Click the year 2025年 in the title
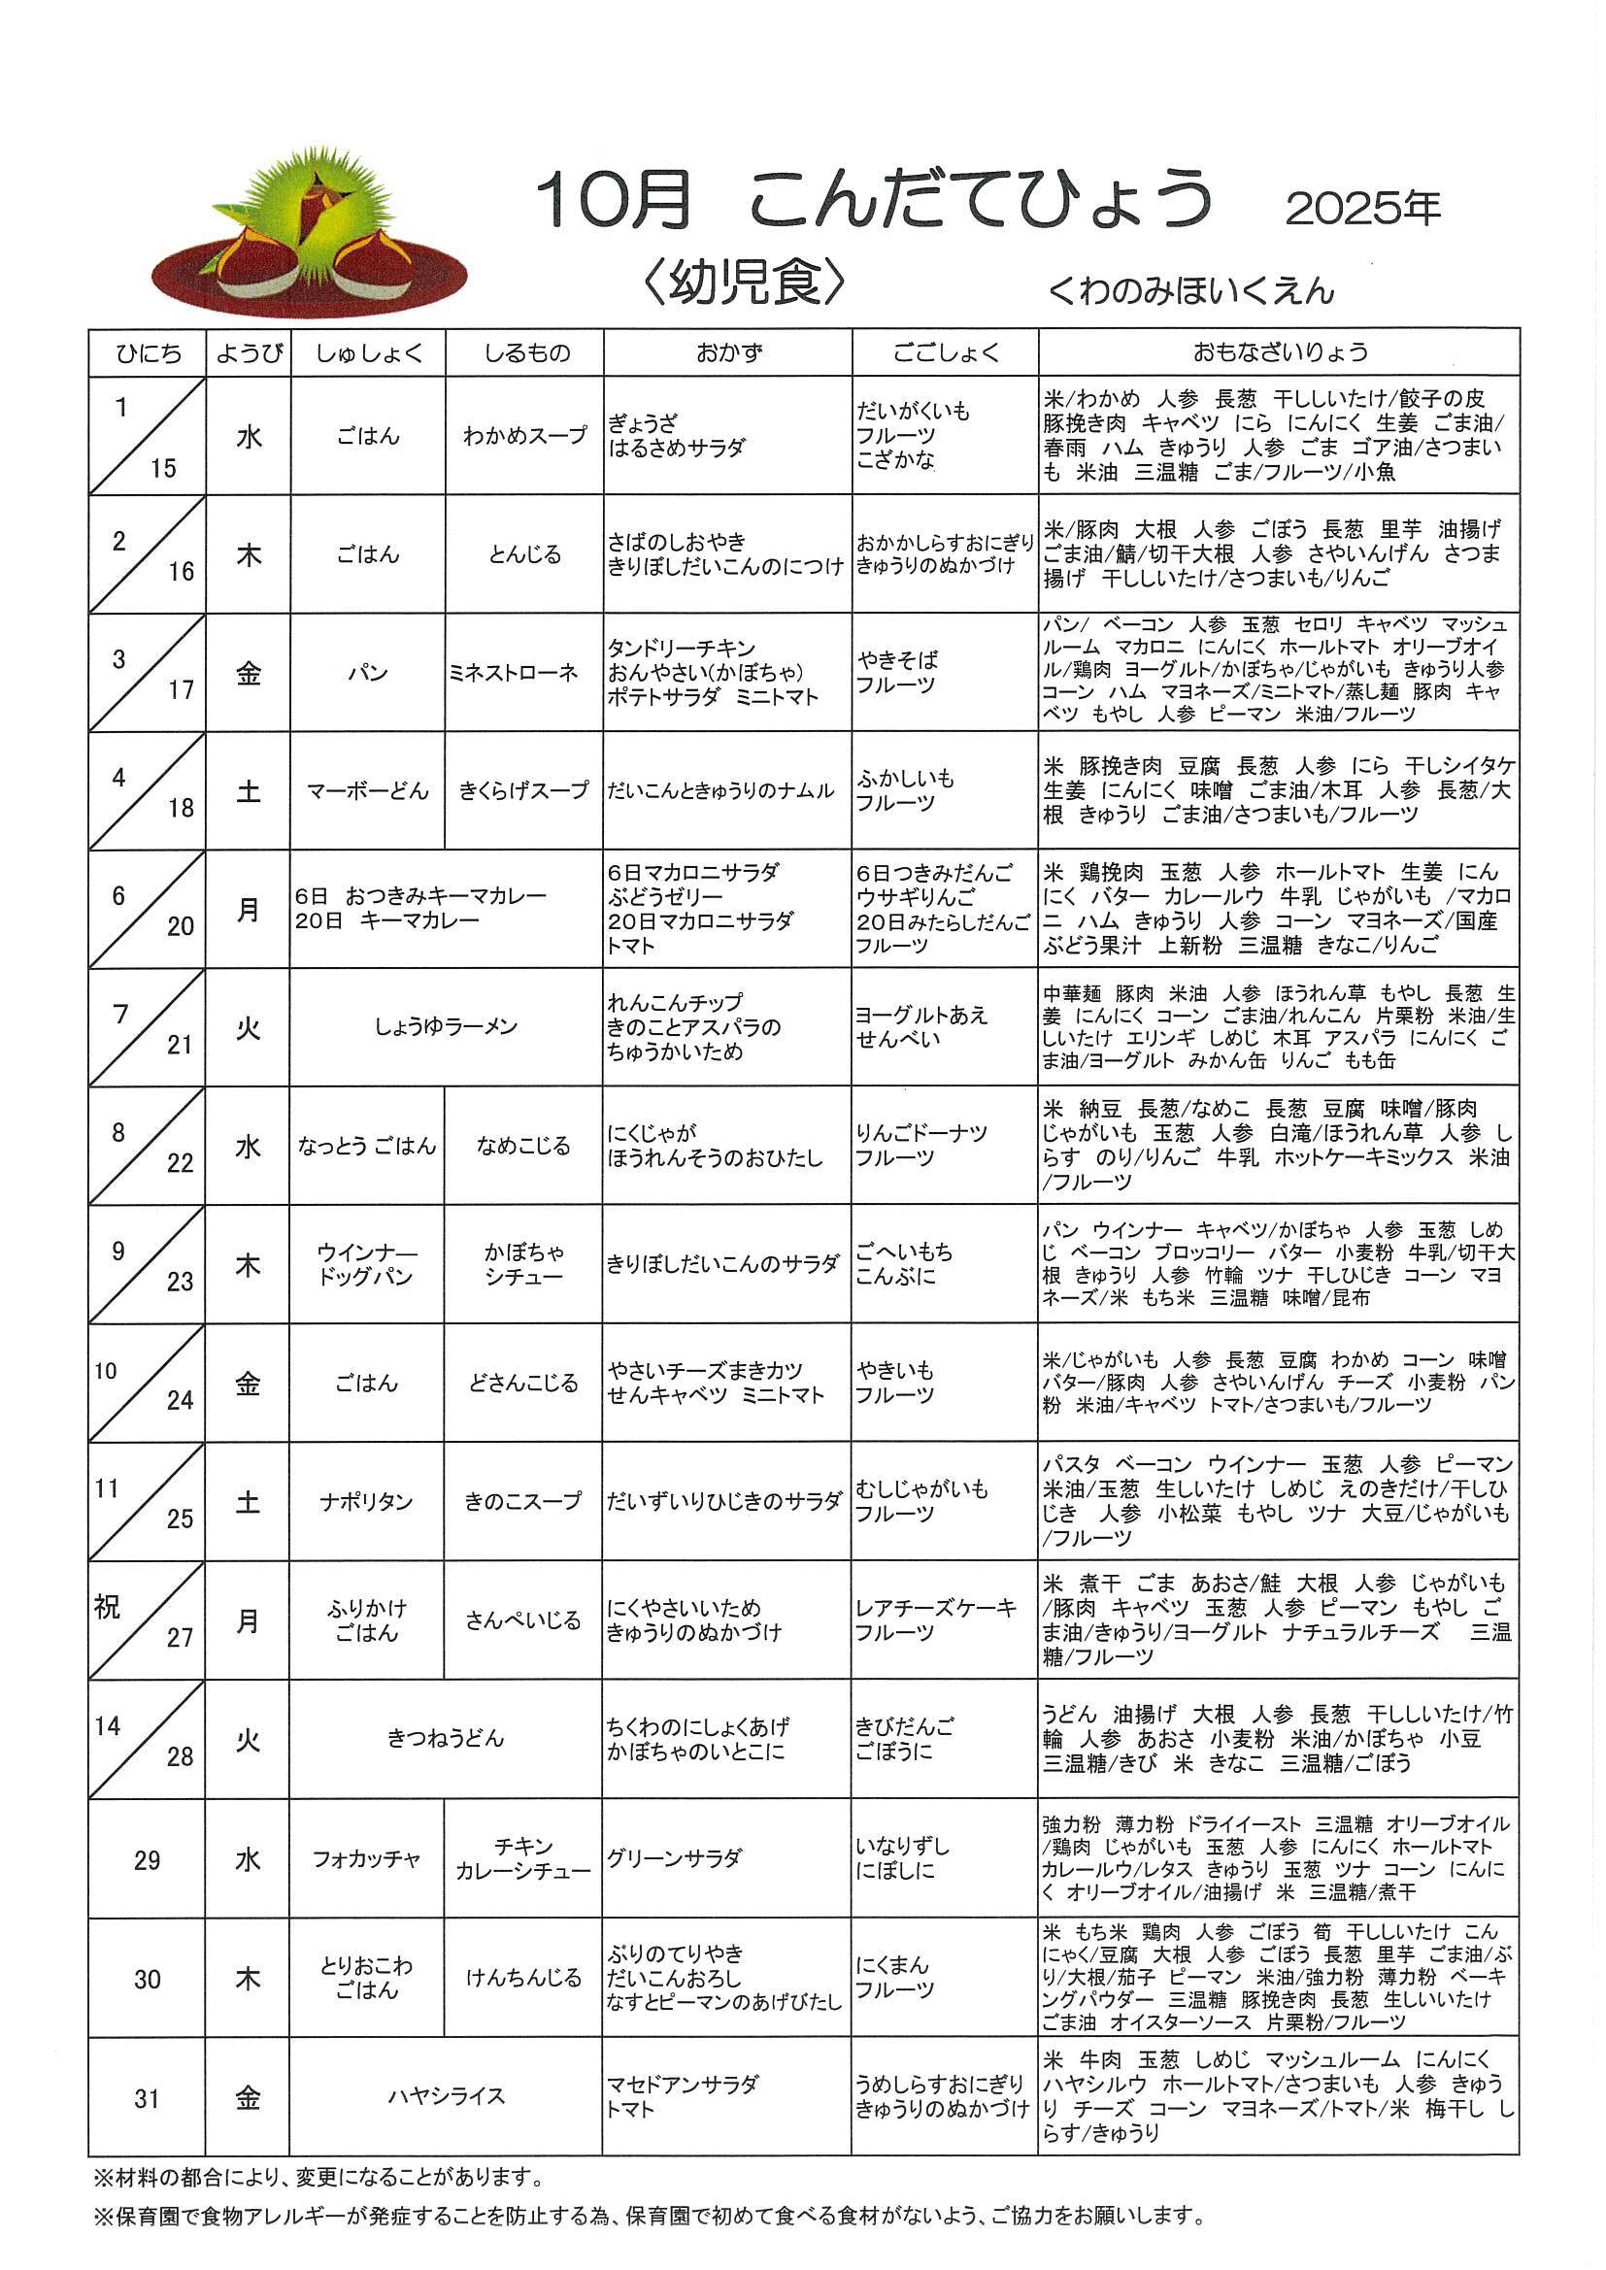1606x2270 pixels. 1361,208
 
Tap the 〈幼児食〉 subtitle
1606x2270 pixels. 744,284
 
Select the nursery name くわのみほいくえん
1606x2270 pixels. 1190,290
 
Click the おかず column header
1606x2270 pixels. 727,353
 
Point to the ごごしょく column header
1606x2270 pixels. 945,353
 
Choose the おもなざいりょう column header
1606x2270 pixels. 1279,352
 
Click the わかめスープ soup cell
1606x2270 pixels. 524,436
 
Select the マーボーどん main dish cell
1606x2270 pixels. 368,791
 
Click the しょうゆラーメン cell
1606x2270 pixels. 446,1027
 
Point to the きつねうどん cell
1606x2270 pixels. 446,1738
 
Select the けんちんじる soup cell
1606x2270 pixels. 523,1978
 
